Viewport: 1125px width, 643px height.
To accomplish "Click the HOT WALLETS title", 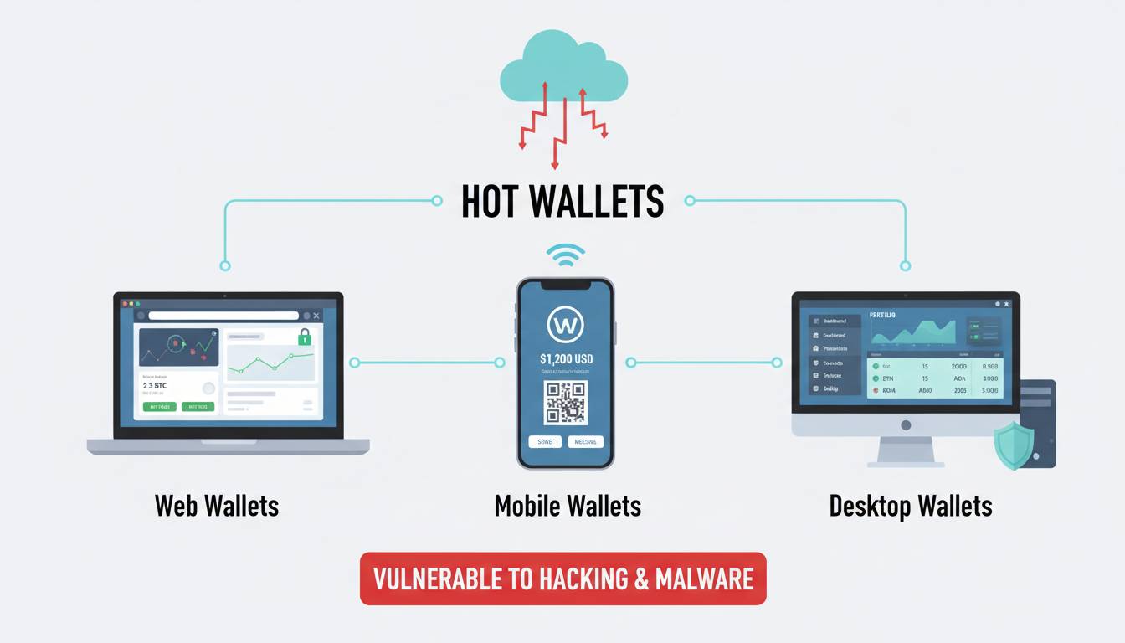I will click(x=562, y=202).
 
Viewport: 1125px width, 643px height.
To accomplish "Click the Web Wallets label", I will click(x=217, y=506).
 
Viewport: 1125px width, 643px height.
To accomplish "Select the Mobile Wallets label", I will click(x=568, y=506).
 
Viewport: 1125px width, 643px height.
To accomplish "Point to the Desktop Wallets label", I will click(x=911, y=506).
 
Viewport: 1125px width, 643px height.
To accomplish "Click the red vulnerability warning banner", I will click(x=562, y=579).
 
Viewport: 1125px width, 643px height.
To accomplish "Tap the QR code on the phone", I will click(x=566, y=402).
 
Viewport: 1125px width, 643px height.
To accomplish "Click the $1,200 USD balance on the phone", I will click(x=566, y=359).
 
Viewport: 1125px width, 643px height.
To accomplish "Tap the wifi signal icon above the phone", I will click(x=566, y=255).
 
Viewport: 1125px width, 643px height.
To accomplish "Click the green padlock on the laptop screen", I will click(x=305, y=337).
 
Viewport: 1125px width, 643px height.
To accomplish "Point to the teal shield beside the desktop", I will click(x=1014, y=445).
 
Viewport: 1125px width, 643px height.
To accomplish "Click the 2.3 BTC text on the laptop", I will click(x=155, y=386).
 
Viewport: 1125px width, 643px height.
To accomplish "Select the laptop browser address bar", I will click(x=223, y=316).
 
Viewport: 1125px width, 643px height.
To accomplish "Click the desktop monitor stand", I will click(x=905, y=451).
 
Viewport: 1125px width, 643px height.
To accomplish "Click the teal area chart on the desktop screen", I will click(x=913, y=332).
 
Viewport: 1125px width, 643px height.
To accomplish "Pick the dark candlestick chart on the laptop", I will click(x=178, y=347).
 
